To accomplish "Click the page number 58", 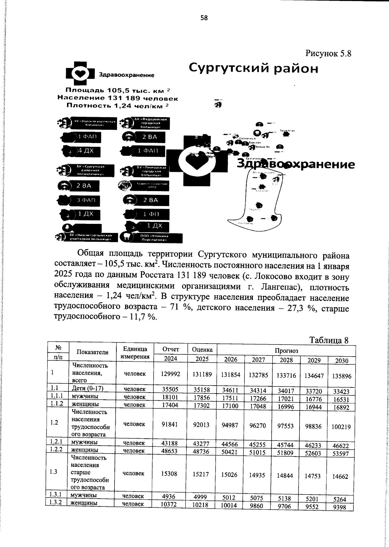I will point(204,18).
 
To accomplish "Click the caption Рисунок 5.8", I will point(328,53).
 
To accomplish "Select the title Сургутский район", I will point(253,69).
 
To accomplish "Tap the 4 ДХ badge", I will point(86,151).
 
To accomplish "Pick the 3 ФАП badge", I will point(86,201).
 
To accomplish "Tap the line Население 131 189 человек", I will point(118,98).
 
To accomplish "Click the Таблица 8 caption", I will point(329,340).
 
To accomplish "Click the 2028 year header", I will point(286,360).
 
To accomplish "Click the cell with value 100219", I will point(341,427).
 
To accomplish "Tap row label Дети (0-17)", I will point(87,388).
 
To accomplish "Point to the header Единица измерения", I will point(135,353).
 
